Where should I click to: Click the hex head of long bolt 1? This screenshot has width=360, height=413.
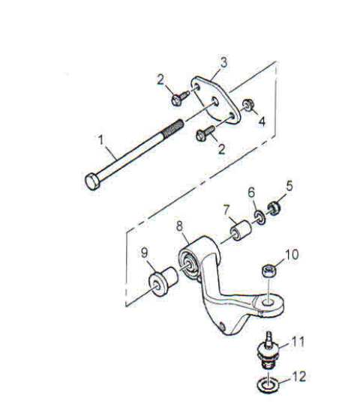coord(92,181)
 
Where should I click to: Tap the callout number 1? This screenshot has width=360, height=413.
coord(100,140)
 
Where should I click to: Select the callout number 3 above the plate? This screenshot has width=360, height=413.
coord(223,63)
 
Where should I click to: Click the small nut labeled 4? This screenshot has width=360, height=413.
coord(247,105)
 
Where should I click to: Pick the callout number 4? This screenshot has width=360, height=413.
coord(262,121)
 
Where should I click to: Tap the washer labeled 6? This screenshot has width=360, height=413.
coord(260,217)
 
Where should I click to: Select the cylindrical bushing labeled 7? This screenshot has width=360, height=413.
coord(240,230)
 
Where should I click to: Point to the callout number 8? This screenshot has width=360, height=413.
coord(179,226)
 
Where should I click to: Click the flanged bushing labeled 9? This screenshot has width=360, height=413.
coord(163,281)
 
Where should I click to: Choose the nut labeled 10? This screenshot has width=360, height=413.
coord(269,271)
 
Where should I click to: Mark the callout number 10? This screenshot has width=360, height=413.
coord(291,254)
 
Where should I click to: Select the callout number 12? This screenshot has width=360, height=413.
coord(298,377)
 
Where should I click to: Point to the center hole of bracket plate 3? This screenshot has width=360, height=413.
coord(215,101)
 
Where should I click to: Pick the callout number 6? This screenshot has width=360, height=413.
coord(252,193)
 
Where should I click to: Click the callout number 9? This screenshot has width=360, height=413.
coord(144,253)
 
